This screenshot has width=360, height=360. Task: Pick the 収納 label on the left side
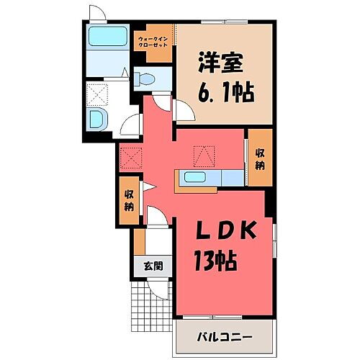(x=129, y=199)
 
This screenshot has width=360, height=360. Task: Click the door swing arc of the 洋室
(x=183, y=111)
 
